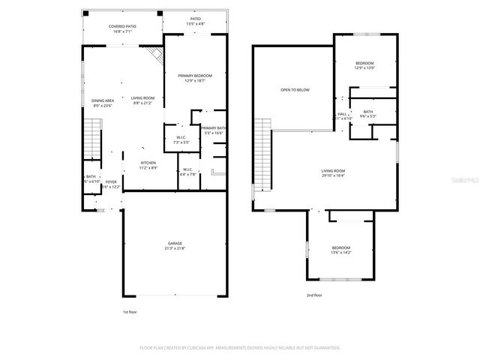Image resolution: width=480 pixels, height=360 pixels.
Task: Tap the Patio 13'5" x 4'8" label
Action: coord(195,22)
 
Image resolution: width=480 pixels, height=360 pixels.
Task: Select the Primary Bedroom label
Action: coord(195,79)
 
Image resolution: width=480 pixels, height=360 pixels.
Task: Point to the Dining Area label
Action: coord(103,103)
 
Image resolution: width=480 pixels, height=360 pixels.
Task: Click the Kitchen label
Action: coord(149,165)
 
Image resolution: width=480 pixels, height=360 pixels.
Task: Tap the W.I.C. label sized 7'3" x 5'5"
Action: coord(181,139)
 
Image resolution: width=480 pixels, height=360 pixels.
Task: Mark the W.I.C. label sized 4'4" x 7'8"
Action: coord(187,171)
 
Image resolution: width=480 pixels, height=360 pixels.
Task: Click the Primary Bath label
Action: coord(214,130)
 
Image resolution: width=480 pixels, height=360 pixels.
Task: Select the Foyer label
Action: coord(111,184)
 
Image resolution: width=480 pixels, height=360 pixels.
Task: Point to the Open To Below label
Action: coord(295,90)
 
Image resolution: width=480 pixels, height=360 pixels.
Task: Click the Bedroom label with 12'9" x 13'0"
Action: coord(364,65)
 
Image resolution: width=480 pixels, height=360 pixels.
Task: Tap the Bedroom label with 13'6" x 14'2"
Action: coord(341,250)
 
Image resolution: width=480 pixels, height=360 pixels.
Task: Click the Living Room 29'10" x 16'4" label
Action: coord(333,172)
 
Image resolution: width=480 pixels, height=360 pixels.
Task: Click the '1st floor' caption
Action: coord(130,311)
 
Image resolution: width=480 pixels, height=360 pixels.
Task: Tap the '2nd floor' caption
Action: coord(314,295)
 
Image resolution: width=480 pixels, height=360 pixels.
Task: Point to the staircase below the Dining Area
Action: coord(91,139)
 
